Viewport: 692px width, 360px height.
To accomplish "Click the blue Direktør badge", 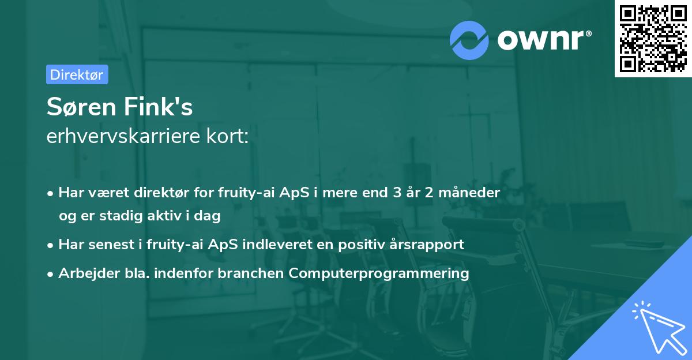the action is coord(77,74).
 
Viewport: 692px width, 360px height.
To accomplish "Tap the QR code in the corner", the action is coord(653,39).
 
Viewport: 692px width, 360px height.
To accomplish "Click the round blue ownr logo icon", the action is coord(469,40).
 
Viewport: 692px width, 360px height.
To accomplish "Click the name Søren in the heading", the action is coord(81,107).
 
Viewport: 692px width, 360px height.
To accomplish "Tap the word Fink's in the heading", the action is coord(158,106).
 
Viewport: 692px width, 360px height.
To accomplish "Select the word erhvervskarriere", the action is coord(123,136).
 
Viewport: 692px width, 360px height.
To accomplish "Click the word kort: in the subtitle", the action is coord(227,136).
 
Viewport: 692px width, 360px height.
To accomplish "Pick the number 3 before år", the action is coord(397,193).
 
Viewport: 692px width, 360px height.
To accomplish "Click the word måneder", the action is coord(469,193).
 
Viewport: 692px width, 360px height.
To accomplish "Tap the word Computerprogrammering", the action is coord(379,273).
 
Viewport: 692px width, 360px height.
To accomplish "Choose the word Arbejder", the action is coord(89,273).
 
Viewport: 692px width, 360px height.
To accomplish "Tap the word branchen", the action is coord(250,273).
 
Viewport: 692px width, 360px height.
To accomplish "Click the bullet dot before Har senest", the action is coord(50,246).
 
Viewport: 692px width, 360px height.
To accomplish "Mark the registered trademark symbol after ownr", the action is coord(589,33).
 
